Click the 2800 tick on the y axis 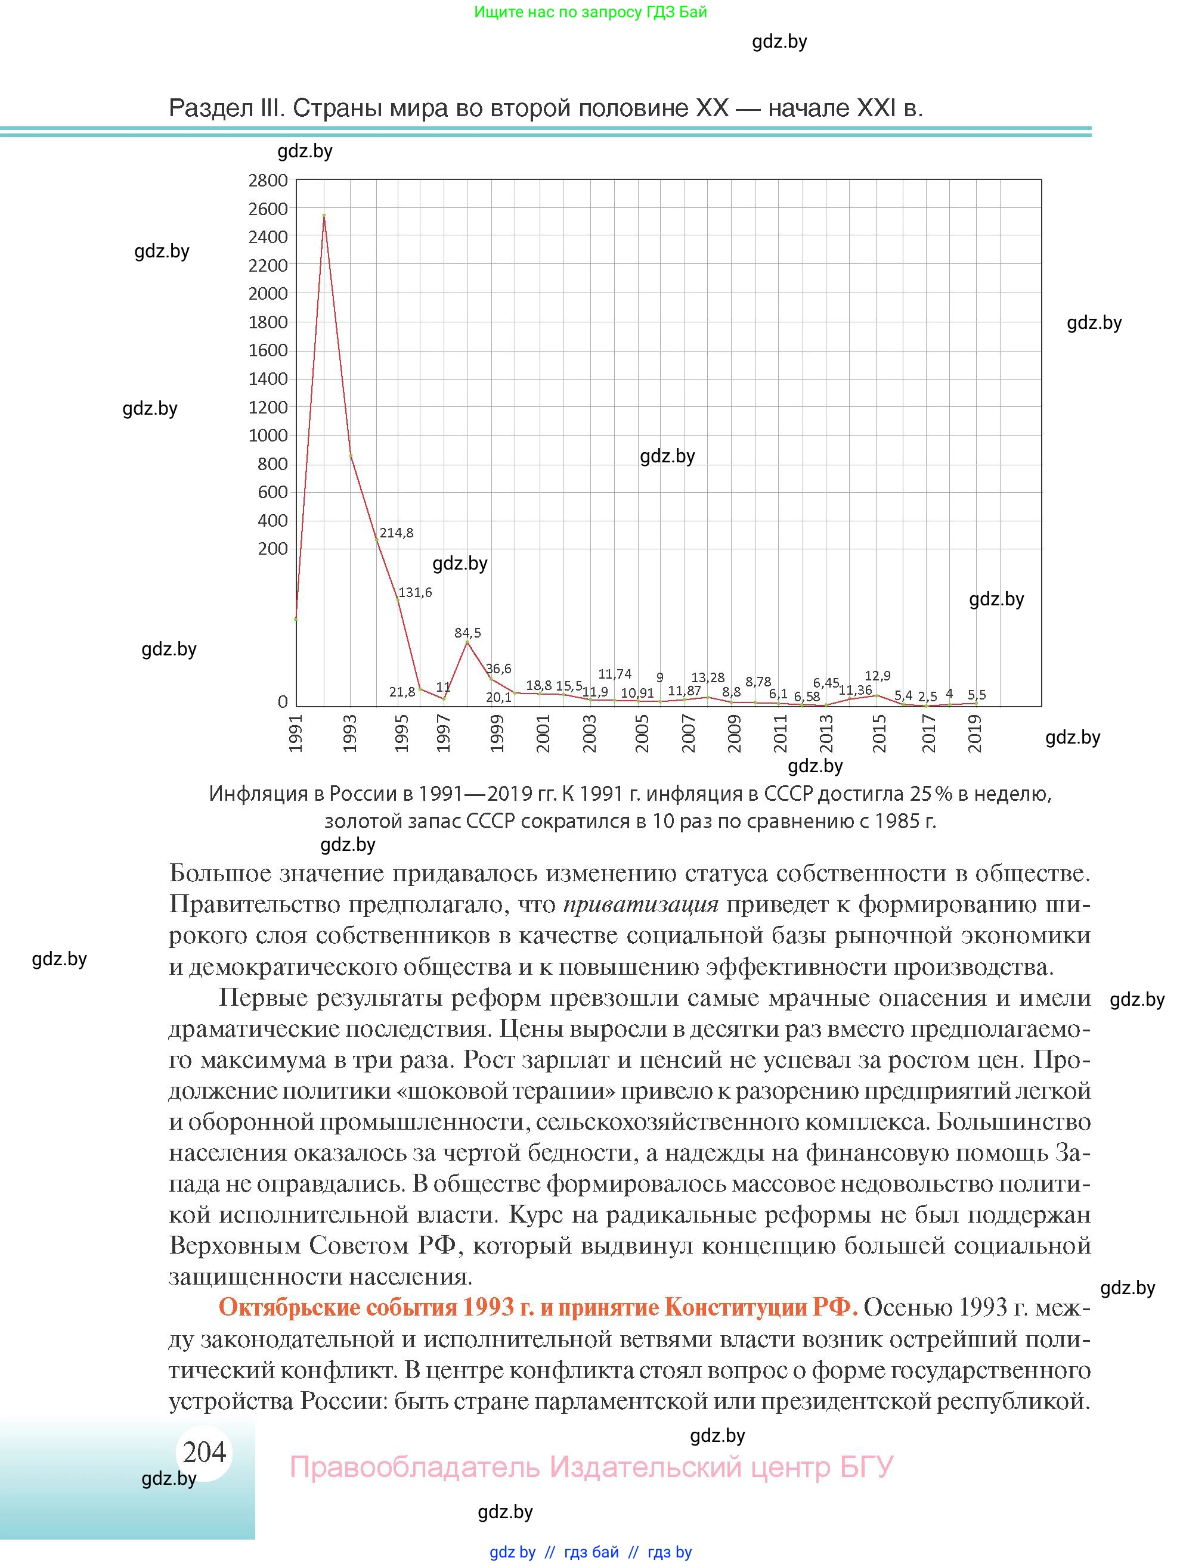click(x=268, y=181)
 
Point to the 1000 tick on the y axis click(x=268, y=436)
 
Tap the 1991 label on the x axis click(x=296, y=733)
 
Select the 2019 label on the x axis click(x=975, y=733)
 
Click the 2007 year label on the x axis click(x=687, y=733)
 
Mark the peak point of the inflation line click(x=324, y=215)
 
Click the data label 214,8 click(x=397, y=533)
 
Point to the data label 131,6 click(x=414, y=592)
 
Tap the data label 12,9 click(x=878, y=676)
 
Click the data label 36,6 click(x=498, y=669)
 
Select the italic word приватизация click(x=642, y=904)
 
